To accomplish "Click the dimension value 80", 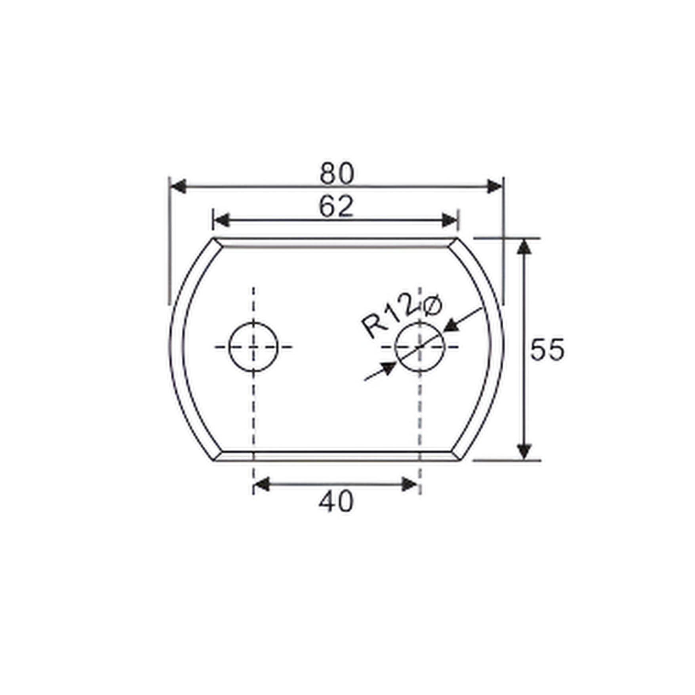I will pyautogui.click(x=337, y=173).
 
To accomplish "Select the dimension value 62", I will pyautogui.click(x=336, y=207).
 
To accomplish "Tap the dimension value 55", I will pyautogui.click(x=547, y=350).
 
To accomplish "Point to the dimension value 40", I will pyautogui.click(x=336, y=502).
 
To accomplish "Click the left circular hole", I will pyautogui.click(x=253, y=347).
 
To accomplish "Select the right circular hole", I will pyautogui.click(x=420, y=347).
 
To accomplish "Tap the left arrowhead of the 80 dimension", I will pyautogui.click(x=178, y=186).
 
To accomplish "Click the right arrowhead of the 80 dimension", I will pyautogui.click(x=495, y=186).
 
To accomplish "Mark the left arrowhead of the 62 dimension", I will pyautogui.click(x=221, y=220).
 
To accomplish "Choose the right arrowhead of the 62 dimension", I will pyautogui.click(x=450, y=220).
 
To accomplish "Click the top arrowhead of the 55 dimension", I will pyautogui.click(x=524, y=248).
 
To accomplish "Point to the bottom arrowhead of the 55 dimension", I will pyautogui.click(x=524, y=451).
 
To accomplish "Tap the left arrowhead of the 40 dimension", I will pyautogui.click(x=261, y=484).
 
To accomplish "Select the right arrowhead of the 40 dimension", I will pyautogui.click(x=409, y=484).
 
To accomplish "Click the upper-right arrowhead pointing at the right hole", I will pyautogui.click(x=451, y=326).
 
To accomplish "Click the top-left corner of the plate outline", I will pyautogui.click(x=214, y=238).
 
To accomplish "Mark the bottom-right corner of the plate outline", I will pyautogui.click(x=459, y=460).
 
